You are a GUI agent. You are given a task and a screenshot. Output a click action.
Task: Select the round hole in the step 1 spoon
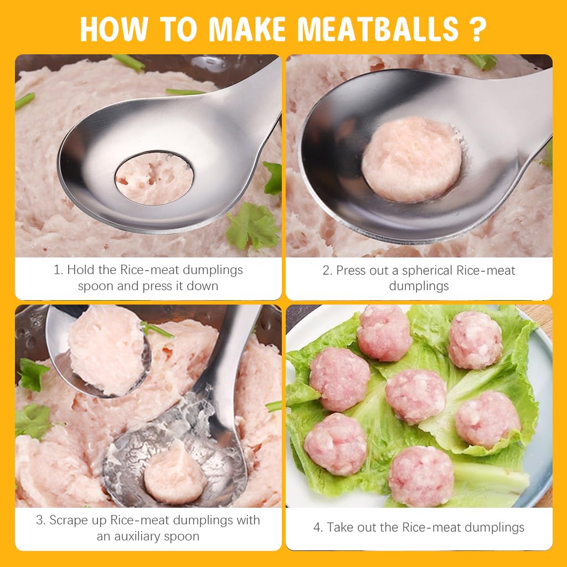coord(154,178)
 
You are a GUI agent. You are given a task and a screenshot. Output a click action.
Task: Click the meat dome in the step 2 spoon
coord(411,159)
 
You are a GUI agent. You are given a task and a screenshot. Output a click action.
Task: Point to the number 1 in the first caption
coord(57,270)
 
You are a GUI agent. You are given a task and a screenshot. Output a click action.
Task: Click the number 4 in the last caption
coord(317,527)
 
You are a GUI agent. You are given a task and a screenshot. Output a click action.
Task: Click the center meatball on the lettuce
coord(415,396)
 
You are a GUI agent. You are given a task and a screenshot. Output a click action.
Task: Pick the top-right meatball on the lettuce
coord(475,339)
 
